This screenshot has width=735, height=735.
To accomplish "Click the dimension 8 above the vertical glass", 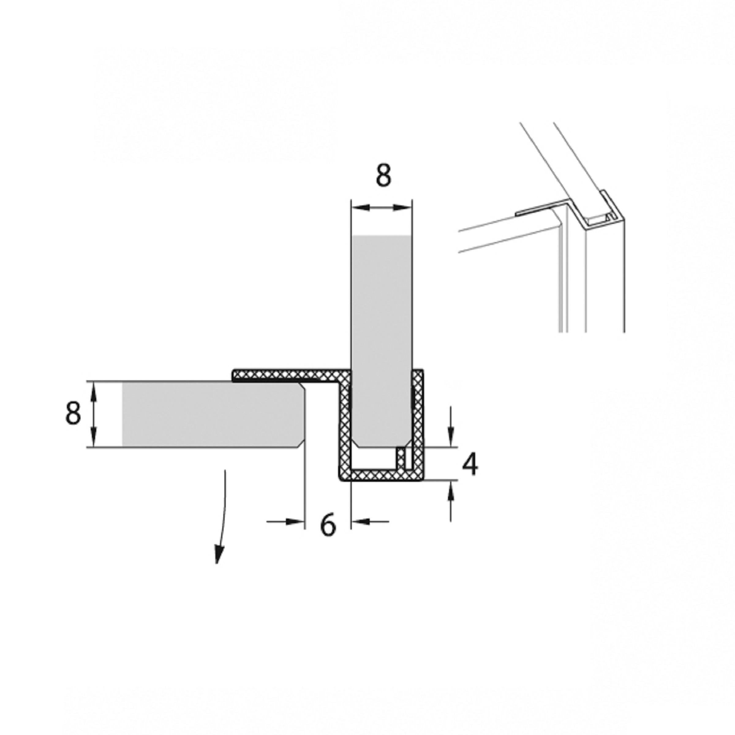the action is tap(383, 175).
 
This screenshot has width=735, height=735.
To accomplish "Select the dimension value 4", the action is tap(470, 465).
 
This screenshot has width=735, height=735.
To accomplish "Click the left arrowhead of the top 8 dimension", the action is tap(360, 207).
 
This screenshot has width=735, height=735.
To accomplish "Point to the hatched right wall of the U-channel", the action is tap(418, 424).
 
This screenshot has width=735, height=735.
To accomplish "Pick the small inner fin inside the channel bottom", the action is tap(400, 458).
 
